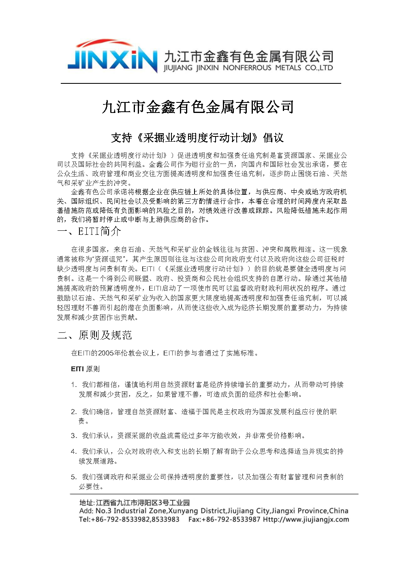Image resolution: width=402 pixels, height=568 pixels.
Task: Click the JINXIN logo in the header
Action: pos(112,58)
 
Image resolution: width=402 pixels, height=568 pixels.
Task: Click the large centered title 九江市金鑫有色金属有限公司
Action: pos(198,107)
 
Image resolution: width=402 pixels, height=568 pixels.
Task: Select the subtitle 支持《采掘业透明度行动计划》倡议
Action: pos(197,138)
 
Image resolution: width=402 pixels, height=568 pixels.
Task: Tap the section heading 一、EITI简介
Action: pos(89,232)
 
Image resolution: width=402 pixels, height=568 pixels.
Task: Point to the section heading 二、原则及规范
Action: pos(95,335)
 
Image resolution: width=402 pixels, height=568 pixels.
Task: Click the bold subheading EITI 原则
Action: pos(85,369)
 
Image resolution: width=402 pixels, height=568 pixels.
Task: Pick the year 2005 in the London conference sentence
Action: pos(106,353)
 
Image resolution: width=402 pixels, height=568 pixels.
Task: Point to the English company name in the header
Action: pos(248,68)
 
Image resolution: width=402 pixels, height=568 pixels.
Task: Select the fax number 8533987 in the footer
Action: pos(246,520)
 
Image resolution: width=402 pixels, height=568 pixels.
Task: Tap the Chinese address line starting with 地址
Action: pos(134,503)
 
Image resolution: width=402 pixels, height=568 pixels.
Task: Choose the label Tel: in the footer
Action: pos(85,520)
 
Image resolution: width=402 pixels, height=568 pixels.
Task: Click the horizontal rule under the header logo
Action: pos(201,83)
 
